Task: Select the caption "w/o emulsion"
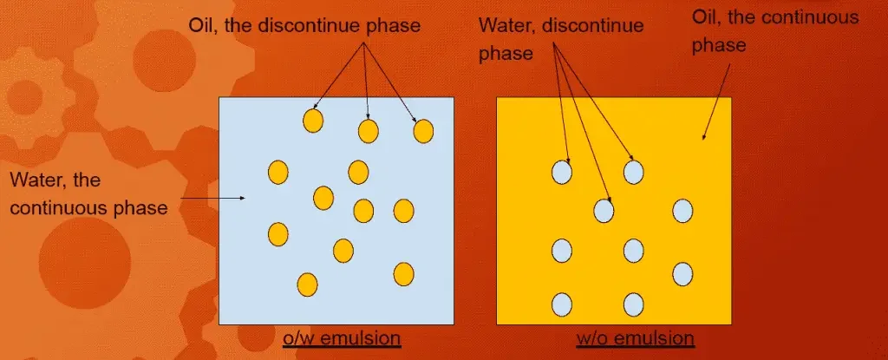click(636, 337)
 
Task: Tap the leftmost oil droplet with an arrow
click(313, 121)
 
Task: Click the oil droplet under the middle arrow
click(369, 131)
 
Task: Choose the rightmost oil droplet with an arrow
click(423, 131)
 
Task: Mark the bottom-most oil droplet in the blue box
click(306, 284)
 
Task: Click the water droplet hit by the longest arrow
click(604, 210)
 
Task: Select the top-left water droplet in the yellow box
click(562, 173)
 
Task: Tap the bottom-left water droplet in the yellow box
click(562, 304)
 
